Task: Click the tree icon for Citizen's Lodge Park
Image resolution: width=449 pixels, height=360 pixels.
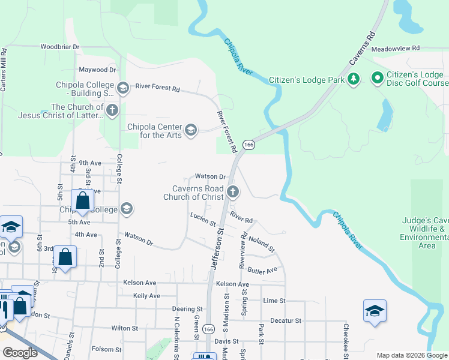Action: [x=354, y=79]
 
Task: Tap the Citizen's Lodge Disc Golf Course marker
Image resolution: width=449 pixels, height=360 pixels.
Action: [x=378, y=78]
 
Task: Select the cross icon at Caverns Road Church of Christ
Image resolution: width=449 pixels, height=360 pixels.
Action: [x=233, y=192]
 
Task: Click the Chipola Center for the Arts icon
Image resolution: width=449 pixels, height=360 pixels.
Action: [x=191, y=130]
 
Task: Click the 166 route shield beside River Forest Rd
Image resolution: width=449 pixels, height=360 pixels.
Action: [x=249, y=145]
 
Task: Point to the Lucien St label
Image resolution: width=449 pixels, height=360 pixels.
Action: [x=202, y=219]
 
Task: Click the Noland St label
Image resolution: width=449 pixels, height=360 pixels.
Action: [x=262, y=244]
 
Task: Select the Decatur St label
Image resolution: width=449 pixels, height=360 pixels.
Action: [x=285, y=321]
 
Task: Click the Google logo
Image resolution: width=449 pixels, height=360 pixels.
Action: [x=20, y=352]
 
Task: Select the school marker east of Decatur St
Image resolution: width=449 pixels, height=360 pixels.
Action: [x=375, y=311]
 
